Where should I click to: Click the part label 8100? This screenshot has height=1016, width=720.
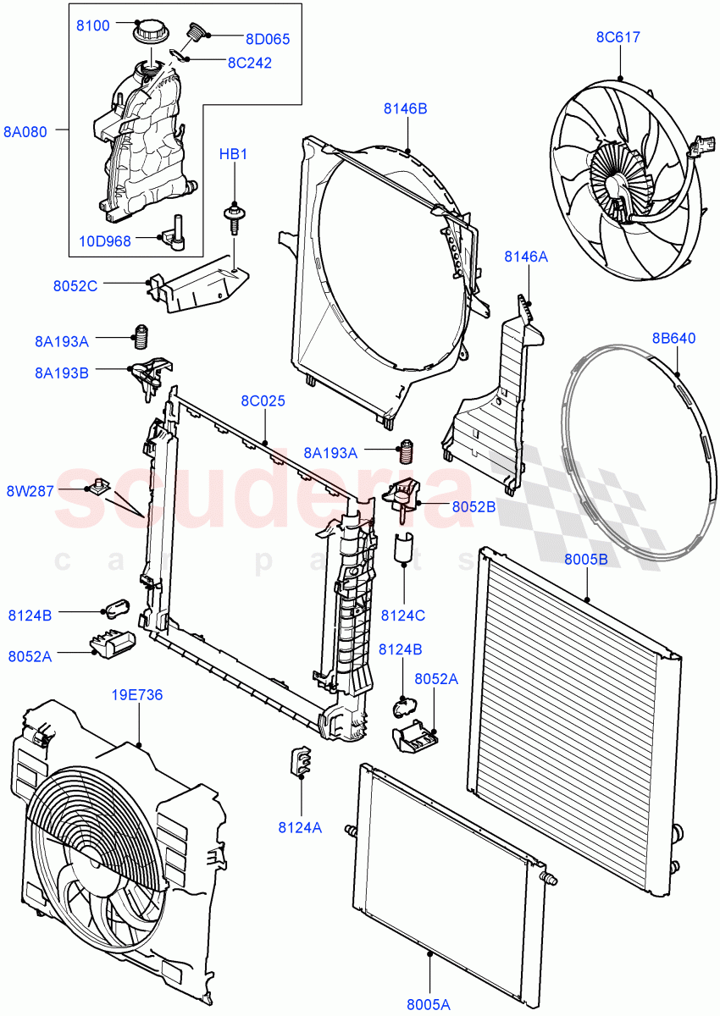[92, 25]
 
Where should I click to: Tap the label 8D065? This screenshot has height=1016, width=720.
[268, 38]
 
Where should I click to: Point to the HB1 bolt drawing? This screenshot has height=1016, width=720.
[233, 216]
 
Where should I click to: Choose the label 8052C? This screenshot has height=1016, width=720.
[75, 285]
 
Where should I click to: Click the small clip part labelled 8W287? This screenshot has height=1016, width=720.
[102, 486]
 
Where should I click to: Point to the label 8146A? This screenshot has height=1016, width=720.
[526, 257]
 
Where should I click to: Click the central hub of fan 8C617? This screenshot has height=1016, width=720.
[616, 179]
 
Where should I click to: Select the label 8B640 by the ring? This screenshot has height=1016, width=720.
[674, 338]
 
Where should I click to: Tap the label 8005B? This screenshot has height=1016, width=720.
[586, 559]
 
